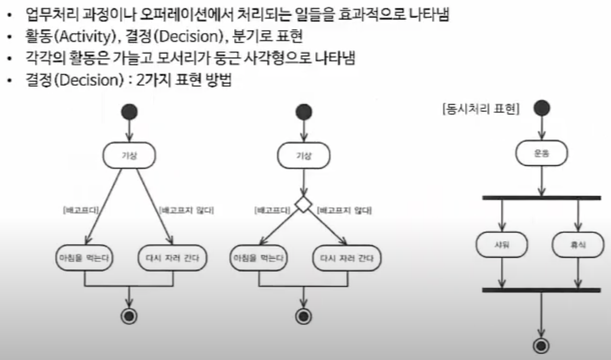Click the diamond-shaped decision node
click(303, 204)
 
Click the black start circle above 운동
click(542, 108)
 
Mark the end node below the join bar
click(541, 346)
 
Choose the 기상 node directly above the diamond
click(304, 156)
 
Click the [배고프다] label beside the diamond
click(272, 211)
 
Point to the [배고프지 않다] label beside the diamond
click(345, 211)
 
